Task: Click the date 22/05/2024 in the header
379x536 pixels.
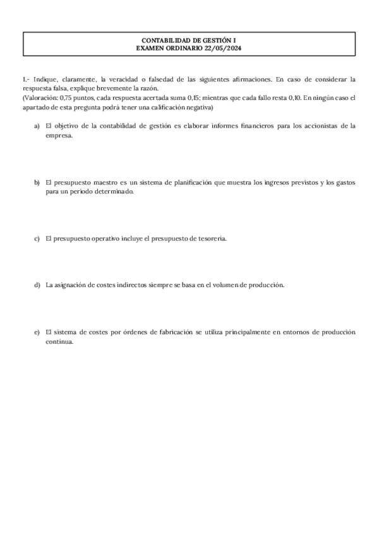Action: (225, 47)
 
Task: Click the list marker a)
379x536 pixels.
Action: (37, 126)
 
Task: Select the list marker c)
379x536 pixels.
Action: (37, 238)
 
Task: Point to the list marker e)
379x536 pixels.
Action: (37, 332)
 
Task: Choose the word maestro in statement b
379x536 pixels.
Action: (102, 182)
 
